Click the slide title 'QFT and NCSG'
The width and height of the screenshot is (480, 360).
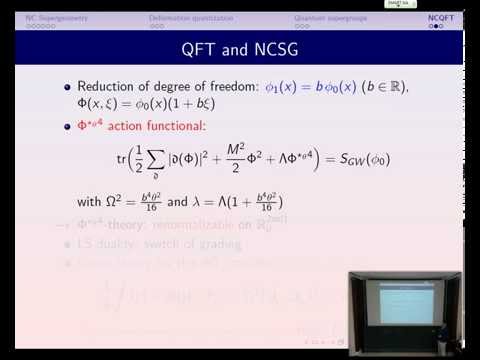coord(240,49)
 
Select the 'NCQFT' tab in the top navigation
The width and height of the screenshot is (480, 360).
coord(441,18)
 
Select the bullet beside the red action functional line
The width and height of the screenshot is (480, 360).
coord(68,127)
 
